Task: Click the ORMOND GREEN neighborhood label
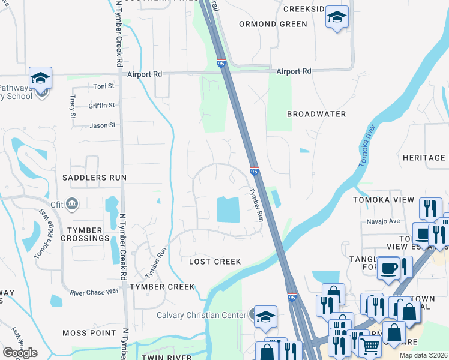click(x=273, y=24)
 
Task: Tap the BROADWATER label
click(x=316, y=114)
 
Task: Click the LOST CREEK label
click(x=215, y=262)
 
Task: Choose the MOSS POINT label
click(x=89, y=332)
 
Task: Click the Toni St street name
click(x=103, y=86)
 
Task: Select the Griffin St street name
click(x=101, y=106)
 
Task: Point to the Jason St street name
click(x=102, y=125)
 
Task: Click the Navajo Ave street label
click(x=383, y=221)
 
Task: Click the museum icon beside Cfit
click(x=72, y=204)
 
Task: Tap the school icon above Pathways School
click(x=41, y=77)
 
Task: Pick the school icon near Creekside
click(x=337, y=17)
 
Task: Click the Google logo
click(x=20, y=353)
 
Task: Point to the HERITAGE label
click(x=424, y=158)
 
